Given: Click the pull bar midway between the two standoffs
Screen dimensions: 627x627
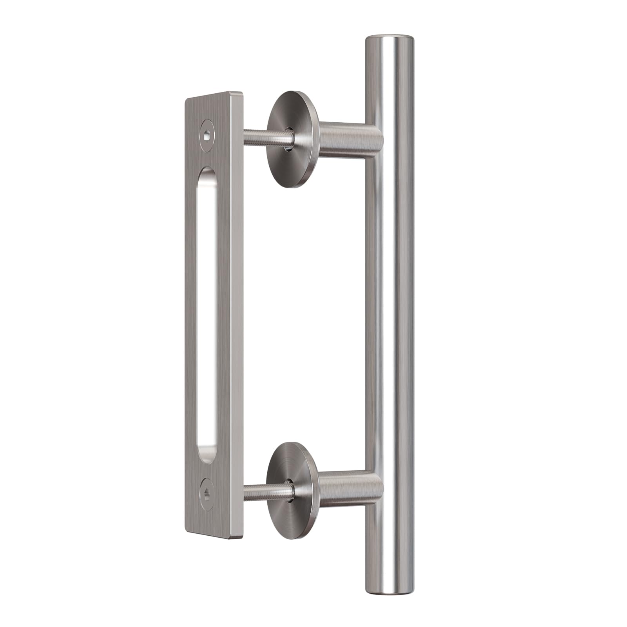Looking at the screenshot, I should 389,313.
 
